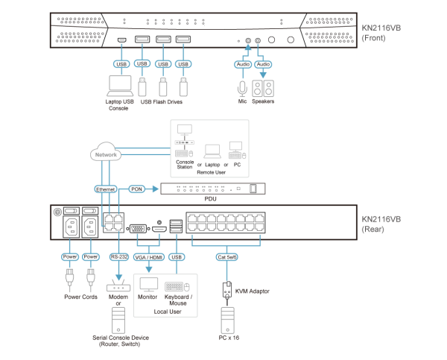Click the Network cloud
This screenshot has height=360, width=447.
106,153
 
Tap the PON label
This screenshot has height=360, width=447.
136,189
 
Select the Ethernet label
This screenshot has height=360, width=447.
106,189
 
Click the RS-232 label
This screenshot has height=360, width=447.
119,257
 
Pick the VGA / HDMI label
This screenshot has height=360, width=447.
149,257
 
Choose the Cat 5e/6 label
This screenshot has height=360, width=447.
226,257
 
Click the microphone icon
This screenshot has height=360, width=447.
242,89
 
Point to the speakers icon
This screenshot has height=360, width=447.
262,89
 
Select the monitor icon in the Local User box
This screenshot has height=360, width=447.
148,285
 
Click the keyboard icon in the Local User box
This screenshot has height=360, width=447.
177,286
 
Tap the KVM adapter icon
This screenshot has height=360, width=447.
226,291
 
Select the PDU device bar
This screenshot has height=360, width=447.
213,189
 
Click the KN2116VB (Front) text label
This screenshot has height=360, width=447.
381,33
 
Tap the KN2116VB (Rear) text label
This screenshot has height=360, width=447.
381,224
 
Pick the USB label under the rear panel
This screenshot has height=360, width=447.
177,257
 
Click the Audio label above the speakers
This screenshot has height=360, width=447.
263,64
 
